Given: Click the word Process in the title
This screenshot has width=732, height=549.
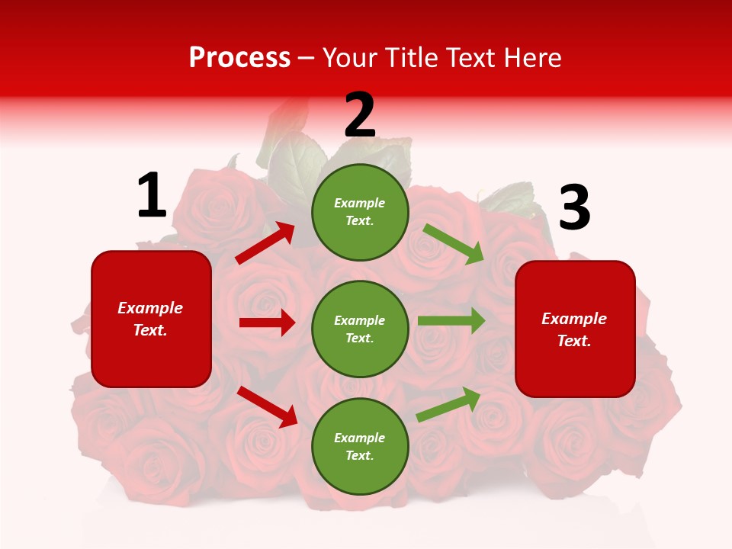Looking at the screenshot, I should (x=239, y=58).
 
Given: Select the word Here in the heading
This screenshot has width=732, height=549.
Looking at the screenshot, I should (x=532, y=58).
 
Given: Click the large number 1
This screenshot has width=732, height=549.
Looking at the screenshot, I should (x=152, y=196).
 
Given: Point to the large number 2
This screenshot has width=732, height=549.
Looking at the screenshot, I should (x=360, y=115).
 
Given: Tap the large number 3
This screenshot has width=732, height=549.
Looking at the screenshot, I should (x=574, y=208).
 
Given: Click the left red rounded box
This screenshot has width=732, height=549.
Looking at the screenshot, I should (x=151, y=319).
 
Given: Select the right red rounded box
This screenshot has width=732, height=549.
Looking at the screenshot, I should (x=575, y=329).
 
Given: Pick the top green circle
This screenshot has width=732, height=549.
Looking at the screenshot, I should (x=360, y=212).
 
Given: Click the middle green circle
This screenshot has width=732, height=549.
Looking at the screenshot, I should (x=360, y=329).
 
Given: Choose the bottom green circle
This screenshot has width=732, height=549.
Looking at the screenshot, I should (x=360, y=446).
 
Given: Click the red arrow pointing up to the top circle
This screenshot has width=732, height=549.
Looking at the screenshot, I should (x=265, y=243).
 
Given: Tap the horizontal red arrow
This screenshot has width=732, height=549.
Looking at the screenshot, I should (x=267, y=323).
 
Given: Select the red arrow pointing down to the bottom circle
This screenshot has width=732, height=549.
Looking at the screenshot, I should (x=267, y=406).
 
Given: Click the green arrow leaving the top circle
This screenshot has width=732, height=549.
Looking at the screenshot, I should (x=454, y=244).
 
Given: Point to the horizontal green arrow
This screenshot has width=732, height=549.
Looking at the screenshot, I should (x=451, y=320).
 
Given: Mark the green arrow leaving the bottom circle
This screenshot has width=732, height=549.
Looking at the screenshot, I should (x=448, y=404).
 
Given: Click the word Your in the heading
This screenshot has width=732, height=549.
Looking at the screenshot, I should (x=350, y=58).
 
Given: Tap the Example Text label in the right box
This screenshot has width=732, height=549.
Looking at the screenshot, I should (x=574, y=329).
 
